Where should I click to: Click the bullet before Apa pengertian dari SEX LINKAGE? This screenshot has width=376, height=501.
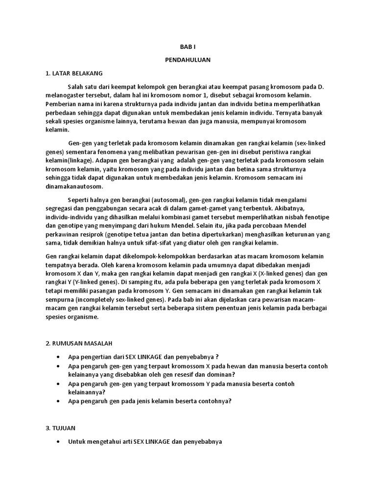coord(59,357)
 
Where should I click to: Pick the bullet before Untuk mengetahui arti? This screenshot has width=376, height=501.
coord(59,441)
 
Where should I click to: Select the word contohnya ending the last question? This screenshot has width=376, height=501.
coord(214,401)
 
